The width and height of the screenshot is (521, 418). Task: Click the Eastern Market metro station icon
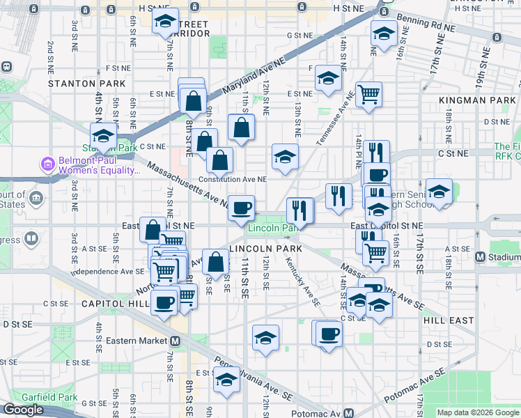(176, 341)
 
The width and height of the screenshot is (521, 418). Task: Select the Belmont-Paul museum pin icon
(47, 164)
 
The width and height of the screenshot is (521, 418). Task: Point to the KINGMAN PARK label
(477, 101)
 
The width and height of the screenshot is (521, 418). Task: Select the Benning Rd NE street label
(426, 26)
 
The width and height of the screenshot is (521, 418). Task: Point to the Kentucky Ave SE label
(302, 283)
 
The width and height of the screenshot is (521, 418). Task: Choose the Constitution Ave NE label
(233, 179)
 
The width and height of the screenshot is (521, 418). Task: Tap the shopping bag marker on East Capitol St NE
(153, 229)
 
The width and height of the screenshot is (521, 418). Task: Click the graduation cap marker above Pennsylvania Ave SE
(226, 380)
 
